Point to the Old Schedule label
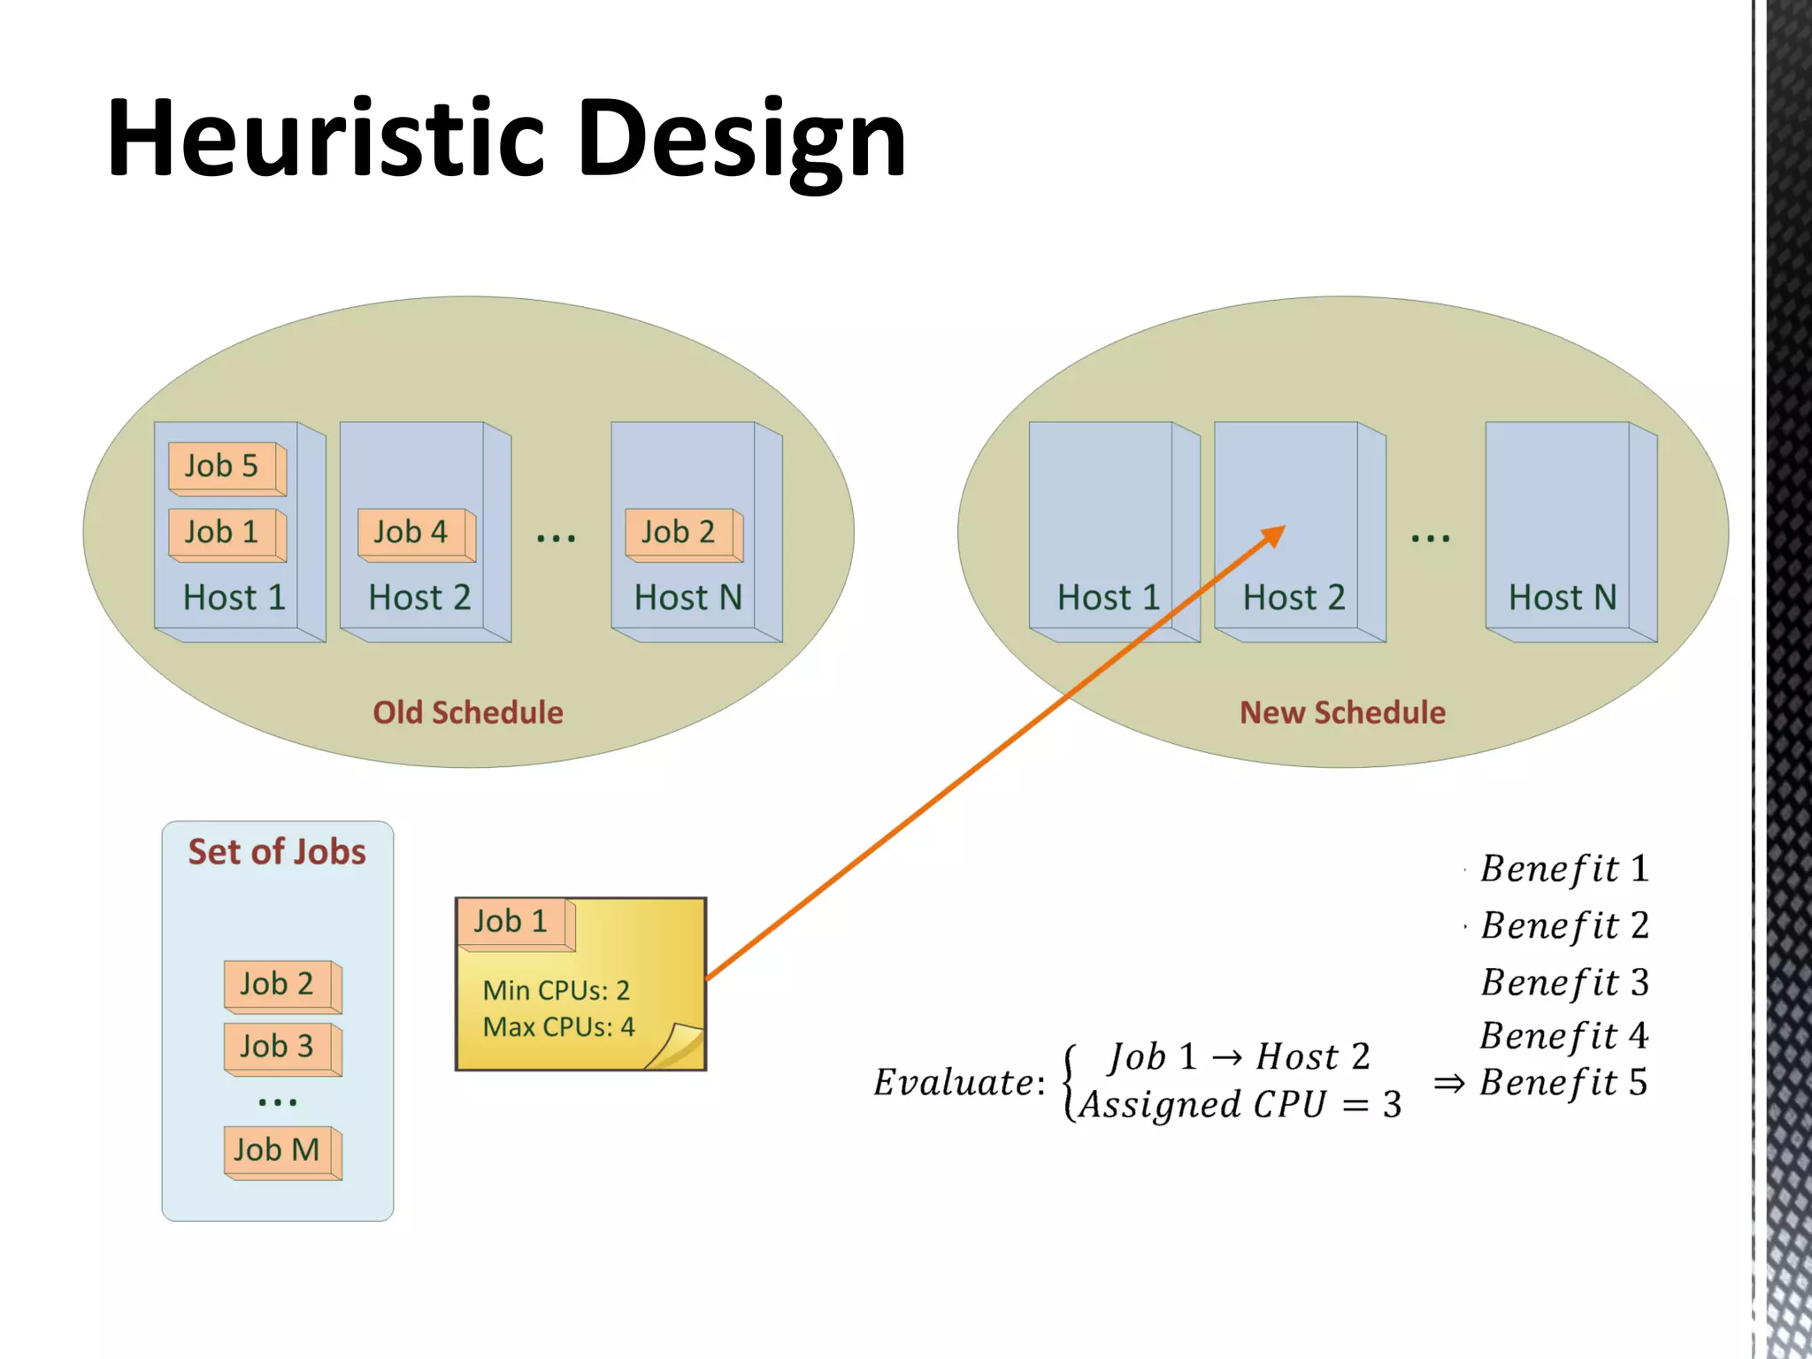[x=467, y=712]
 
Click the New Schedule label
[x=1342, y=712]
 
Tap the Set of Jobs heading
[x=277, y=852]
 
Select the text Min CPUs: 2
[x=556, y=990]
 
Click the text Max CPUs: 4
[x=558, y=1027]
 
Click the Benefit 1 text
[x=1564, y=869]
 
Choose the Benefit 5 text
[x=1563, y=1083]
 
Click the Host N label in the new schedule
[x=1562, y=598]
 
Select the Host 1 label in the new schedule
[x=1108, y=598]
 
